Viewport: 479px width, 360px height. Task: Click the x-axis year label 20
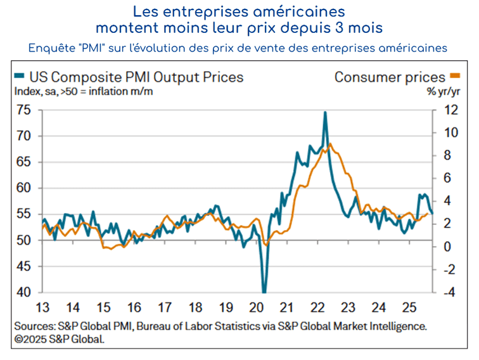pyautogui.click(x=257, y=308)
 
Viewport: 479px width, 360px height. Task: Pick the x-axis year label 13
pyautogui.click(x=42, y=308)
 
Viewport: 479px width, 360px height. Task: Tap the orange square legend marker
pyautogui.click(x=454, y=77)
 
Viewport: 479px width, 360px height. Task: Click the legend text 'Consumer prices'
pyautogui.click(x=390, y=77)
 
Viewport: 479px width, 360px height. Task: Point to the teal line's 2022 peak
pyautogui.click(x=325, y=113)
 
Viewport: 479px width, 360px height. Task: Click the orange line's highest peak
pyautogui.click(x=330, y=144)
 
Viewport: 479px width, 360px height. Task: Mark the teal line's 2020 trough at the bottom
pyautogui.click(x=264, y=292)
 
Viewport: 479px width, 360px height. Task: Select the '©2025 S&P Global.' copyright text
pyautogui.click(x=59, y=338)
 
